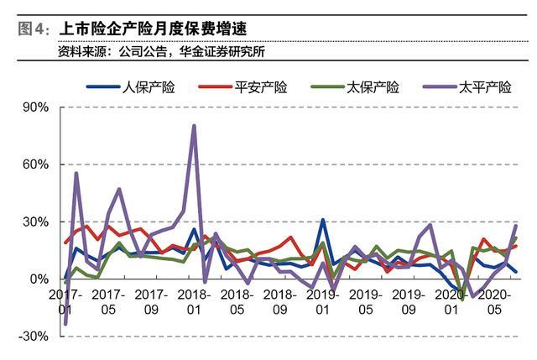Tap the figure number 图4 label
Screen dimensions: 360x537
[x=31, y=29]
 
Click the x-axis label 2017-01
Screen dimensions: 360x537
[x=65, y=303]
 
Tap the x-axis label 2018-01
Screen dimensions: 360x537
[x=193, y=303]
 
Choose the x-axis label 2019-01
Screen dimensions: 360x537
[x=321, y=303]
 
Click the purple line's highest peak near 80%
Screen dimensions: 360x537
[x=194, y=126]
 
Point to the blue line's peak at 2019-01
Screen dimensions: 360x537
[x=322, y=220]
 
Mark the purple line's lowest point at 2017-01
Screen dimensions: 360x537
[x=65, y=323]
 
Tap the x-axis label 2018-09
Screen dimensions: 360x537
[x=279, y=303]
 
